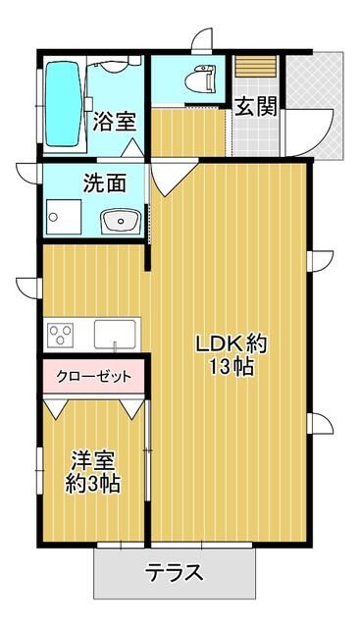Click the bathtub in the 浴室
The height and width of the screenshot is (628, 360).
click(x=63, y=104)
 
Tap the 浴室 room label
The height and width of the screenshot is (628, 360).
click(x=115, y=121)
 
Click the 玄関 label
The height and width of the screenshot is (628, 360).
click(x=256, y=106)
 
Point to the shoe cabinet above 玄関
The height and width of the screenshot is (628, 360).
click(x=255, y=66)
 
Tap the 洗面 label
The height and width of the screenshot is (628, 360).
click(x=105, y=183)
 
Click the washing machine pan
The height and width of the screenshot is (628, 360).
click(x=64, y=217)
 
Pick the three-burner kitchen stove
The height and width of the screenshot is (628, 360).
click(x=61, y=335)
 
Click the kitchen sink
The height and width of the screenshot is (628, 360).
click(x=115, y=335)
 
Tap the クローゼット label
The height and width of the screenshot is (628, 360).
click(x=94, y=377)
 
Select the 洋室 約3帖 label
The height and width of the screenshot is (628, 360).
click(x=93, y=472)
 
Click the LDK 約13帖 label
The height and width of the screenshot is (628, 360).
click(x=231, y=355)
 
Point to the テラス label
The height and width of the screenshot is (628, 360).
click(x=175, y=573)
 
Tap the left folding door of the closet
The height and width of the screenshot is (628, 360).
click(x=56, y=409)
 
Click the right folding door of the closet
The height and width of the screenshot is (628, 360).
click(x=131, y=409)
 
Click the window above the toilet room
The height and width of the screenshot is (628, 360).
click(x=203, y=43)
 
